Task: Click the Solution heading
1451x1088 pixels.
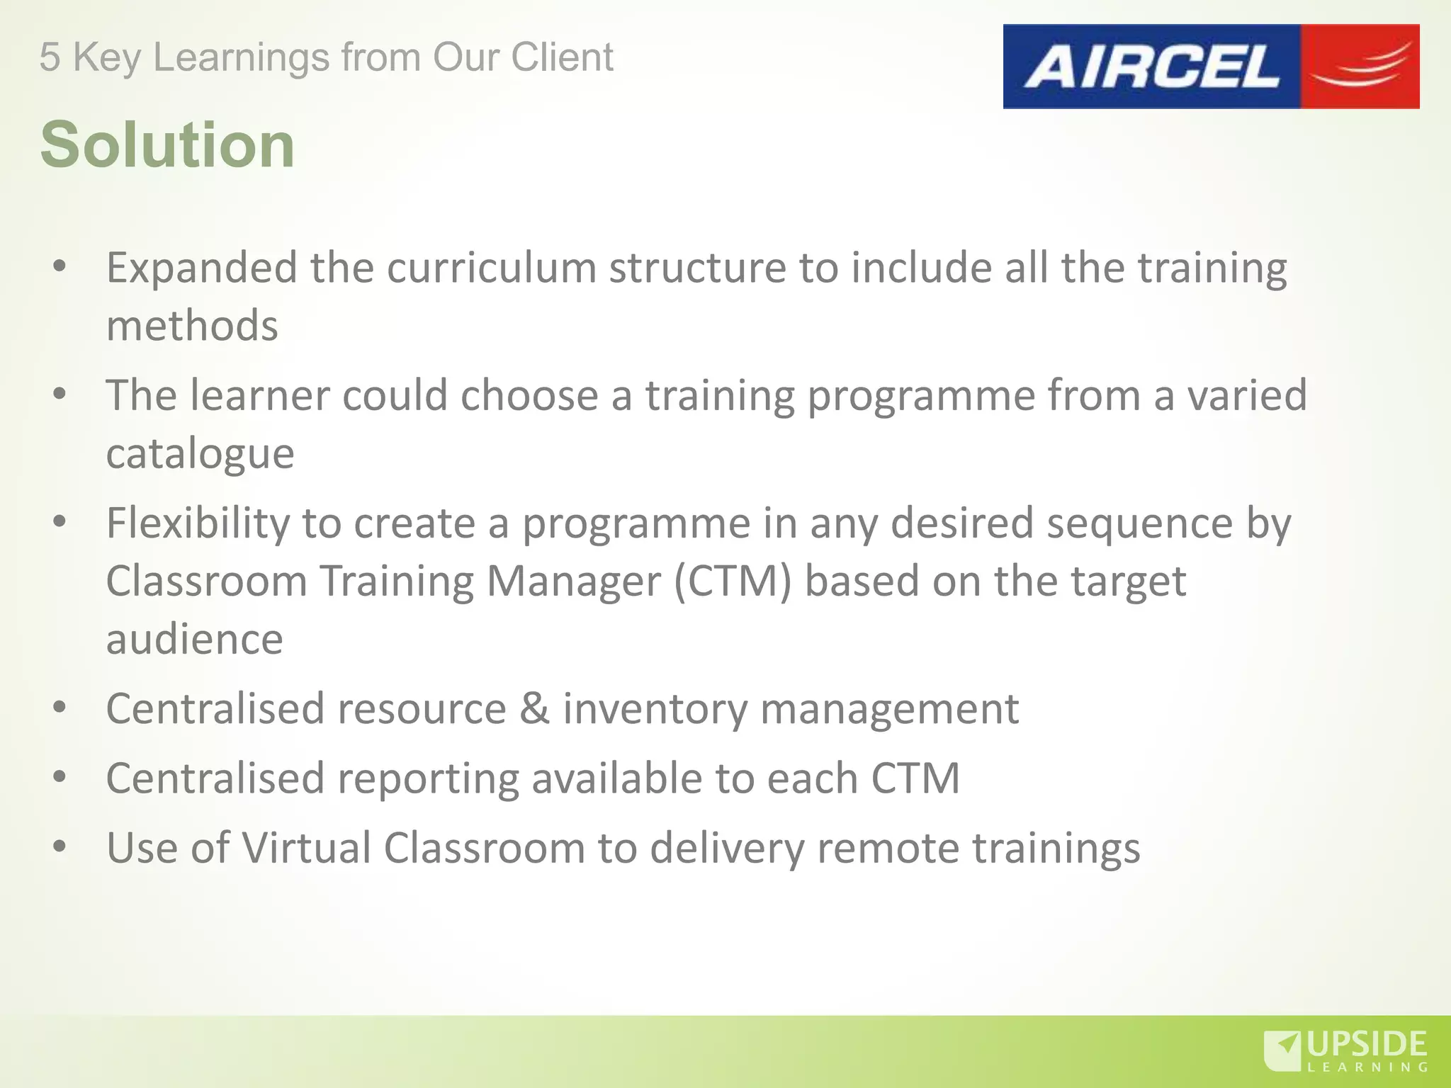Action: [167, 145]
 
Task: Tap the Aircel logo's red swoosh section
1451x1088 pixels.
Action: [1359, 67]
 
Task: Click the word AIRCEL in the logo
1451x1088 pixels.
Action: [1151, 67]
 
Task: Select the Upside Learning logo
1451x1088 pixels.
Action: [1345, 1051]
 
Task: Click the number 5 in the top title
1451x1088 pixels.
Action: [50, 57]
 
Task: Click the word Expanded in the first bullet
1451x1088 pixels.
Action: [202, 268]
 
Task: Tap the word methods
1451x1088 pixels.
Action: [192, 326]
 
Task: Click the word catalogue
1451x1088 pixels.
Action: [200, 454]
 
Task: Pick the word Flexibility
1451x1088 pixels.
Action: [198, 524]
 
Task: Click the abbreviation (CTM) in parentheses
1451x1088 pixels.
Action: [732, 582]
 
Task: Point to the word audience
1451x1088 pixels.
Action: [195, 640]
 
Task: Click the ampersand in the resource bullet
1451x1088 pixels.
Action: [534, 709]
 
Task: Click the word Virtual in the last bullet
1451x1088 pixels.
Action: [306, 848]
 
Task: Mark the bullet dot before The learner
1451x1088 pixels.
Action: [60, 395]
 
